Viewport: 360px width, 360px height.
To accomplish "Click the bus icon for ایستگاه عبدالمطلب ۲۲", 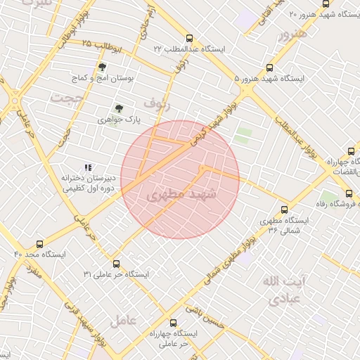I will [188, 39].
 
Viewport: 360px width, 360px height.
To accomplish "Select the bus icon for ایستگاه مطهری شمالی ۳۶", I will [284, 209].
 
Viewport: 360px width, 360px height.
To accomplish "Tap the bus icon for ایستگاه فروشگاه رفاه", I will [348, 193].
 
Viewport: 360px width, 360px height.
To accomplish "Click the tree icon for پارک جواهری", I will [118, 108].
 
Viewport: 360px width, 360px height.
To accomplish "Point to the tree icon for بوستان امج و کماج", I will [103, 67].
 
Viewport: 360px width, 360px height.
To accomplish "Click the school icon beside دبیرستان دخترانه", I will [88, 167].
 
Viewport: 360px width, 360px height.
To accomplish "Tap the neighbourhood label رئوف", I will [157, 103].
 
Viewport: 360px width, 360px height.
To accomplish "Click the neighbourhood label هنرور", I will [292, 34].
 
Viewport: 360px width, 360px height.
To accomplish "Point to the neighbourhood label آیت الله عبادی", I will [285, 290].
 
